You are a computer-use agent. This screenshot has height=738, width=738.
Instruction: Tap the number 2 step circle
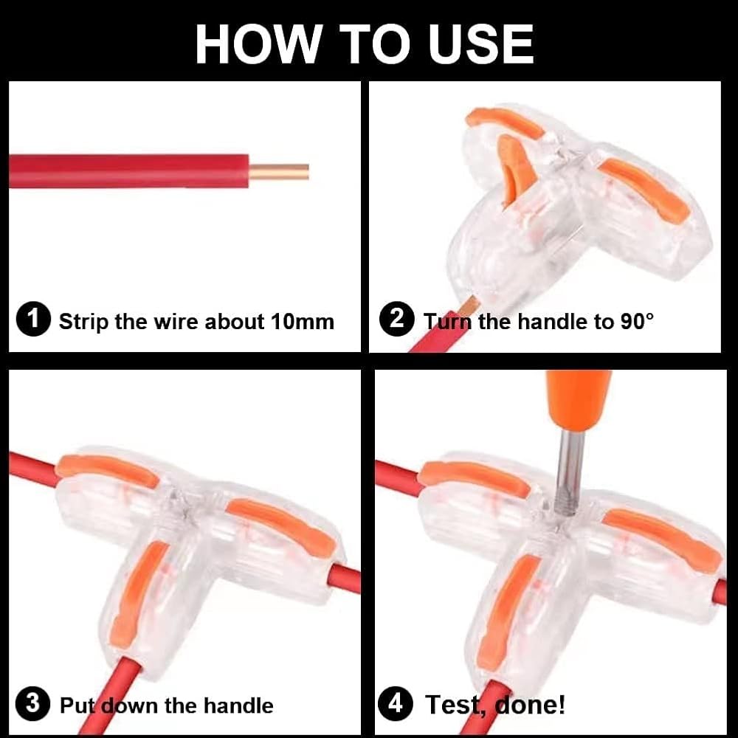[x=397, y=319]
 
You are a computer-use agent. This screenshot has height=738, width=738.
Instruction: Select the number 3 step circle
[x=33, y=703]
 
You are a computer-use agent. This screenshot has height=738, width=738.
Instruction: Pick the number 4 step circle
[x=396, y=703]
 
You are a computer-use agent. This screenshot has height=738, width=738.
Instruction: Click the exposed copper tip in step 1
[x=279, y=171]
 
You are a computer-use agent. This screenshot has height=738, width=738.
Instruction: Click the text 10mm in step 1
[x=302, y=322]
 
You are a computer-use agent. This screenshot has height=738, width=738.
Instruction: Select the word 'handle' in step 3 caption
[x=238, y=706]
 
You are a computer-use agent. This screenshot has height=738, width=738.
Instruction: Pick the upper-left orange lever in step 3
[x=107, y=469]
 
